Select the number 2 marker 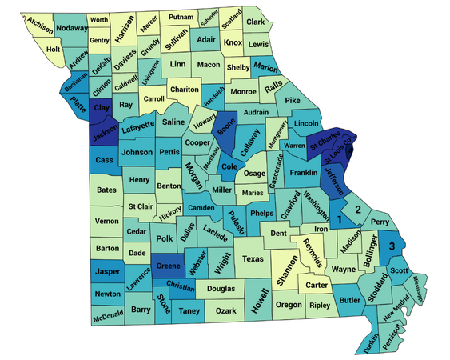(359, 210)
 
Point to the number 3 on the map (392, 246)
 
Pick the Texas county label (252, 259)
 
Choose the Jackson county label (105, 135)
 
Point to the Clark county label (255, 22)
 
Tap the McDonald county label (107, 315)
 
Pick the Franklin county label (303, 173)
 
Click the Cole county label (229, 166)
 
